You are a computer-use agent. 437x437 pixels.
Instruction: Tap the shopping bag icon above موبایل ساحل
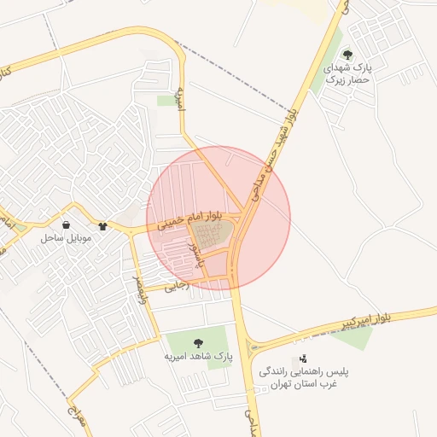tap(66, 226)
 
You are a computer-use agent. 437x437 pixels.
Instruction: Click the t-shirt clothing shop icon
tap(103, 227)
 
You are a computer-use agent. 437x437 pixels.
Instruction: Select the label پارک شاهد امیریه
tap(198, 354)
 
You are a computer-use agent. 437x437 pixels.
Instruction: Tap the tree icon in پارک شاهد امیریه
tap(199, 341)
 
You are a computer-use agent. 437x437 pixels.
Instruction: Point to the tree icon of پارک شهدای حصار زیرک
tap(346, 54)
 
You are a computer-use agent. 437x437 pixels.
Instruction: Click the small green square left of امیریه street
tap(165, 101)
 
